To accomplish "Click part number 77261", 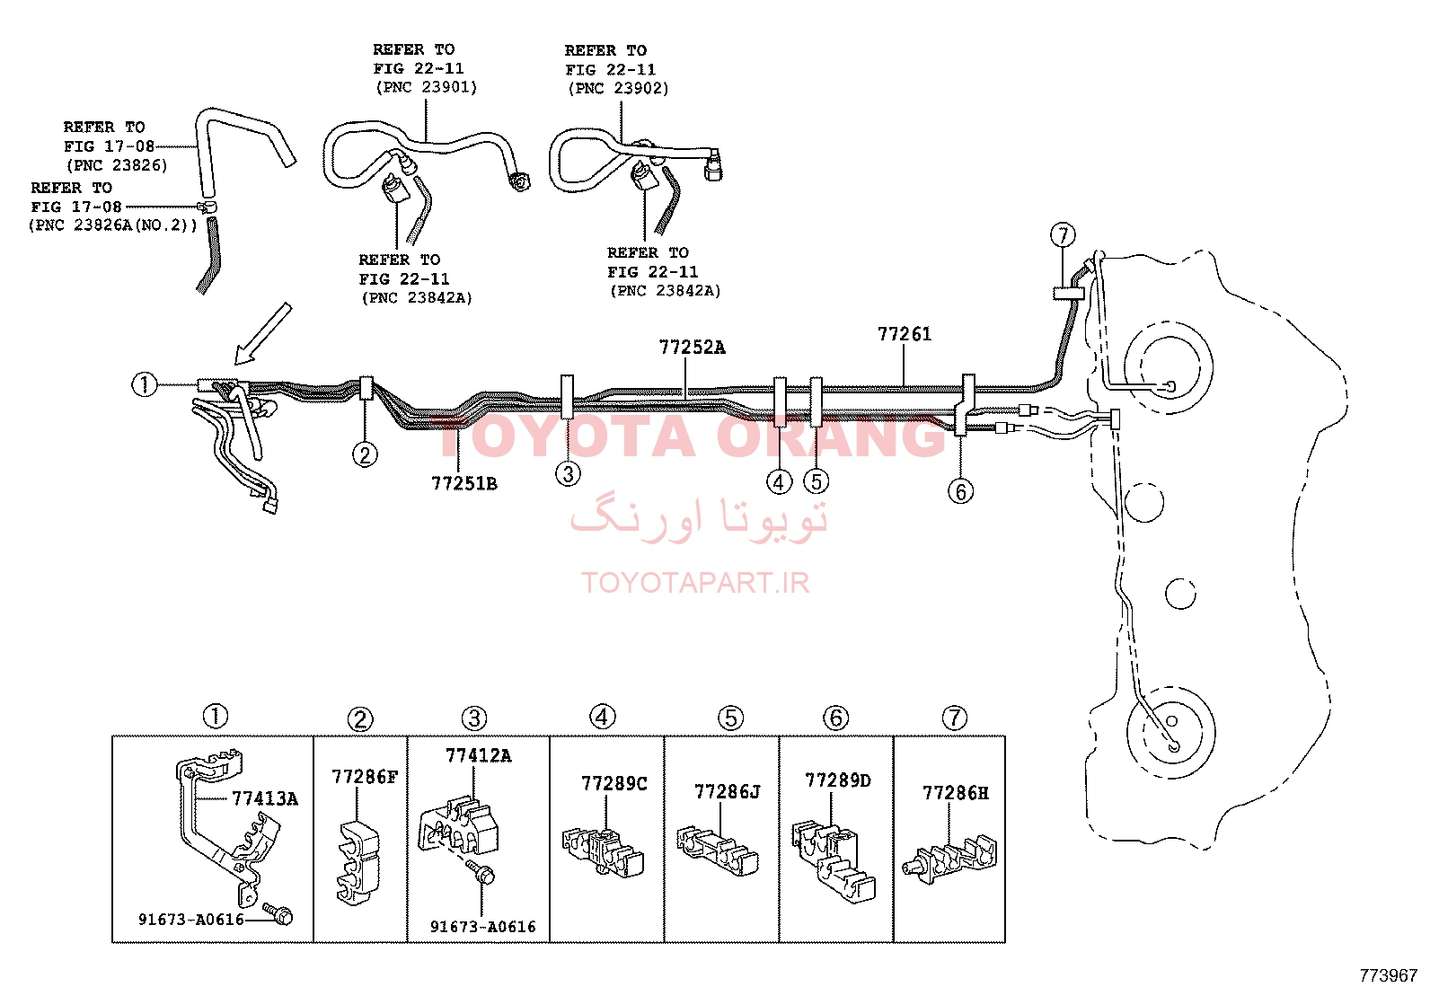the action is click(904, 334).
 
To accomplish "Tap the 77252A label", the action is click(692, 348).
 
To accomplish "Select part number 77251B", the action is click(464, 484).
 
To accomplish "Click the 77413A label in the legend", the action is click(265, 798).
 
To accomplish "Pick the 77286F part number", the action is click(365, 777).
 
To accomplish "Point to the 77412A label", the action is click(478, 756).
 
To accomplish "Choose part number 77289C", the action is click(614, 783).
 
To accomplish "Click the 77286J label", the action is click(728, 792).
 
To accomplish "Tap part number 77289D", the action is click(837, 780).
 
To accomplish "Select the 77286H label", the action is click(956, 793).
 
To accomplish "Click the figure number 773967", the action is click(1388, 975).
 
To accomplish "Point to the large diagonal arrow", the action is click(262, 334).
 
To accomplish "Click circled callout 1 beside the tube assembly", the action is click(145, 385).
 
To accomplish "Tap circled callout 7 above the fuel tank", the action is click(1063, 235).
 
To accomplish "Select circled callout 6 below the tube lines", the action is click(961, 491).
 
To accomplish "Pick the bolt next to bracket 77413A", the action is click(278, 913).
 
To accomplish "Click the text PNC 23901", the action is click(427, 87).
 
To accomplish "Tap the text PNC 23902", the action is click(619, 88).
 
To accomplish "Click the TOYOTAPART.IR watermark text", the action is click(695, 583).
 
